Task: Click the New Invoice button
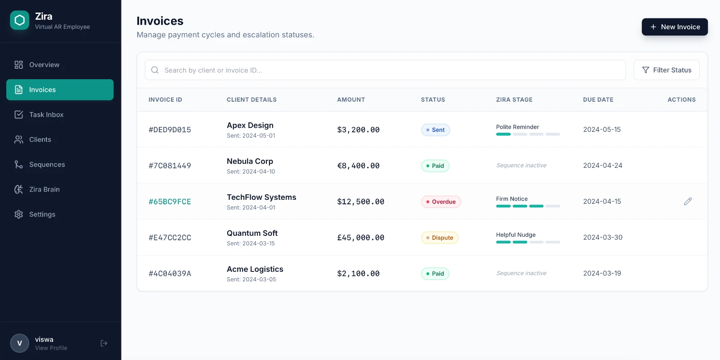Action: coord(675,27)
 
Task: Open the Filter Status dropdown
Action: coord(666,70)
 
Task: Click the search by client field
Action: coord(385,70)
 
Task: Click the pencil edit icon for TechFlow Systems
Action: coord(688,201)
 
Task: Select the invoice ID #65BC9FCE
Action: coord(170,202)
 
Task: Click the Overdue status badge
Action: coord(441,202)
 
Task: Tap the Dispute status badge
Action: coord(439,238)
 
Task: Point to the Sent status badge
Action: coord(435,130)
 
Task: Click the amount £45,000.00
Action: coord(360,238)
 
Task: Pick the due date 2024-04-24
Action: coord(603,165)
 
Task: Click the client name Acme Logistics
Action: coord(255,269)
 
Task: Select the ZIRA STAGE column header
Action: coord(514,99)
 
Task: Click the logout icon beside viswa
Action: coord(104,343)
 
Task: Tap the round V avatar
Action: coord(20,343)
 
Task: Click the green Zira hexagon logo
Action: coord(20,20)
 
